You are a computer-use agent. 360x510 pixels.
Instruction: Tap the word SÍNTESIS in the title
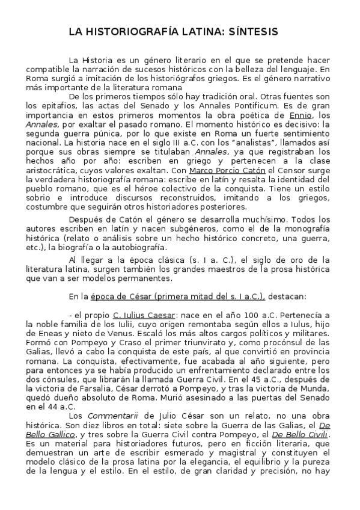[251, 32]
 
